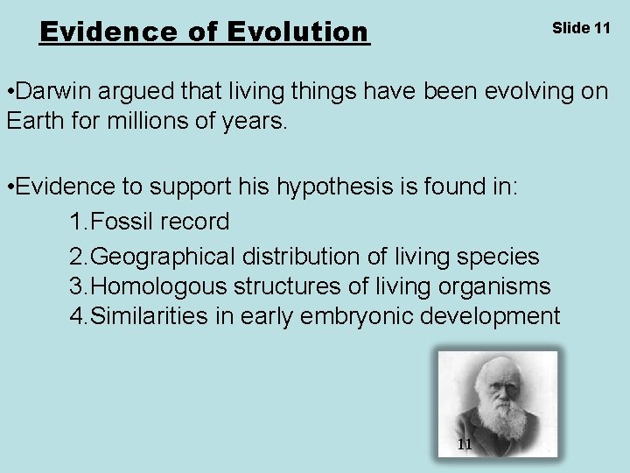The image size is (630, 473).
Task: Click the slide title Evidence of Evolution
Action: point(205,32)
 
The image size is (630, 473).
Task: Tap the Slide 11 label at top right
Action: point(581,28)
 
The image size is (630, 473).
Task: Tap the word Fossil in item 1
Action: point(122,222)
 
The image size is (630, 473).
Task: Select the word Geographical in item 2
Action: point(163,257)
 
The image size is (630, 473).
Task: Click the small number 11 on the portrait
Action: point(465,444)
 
